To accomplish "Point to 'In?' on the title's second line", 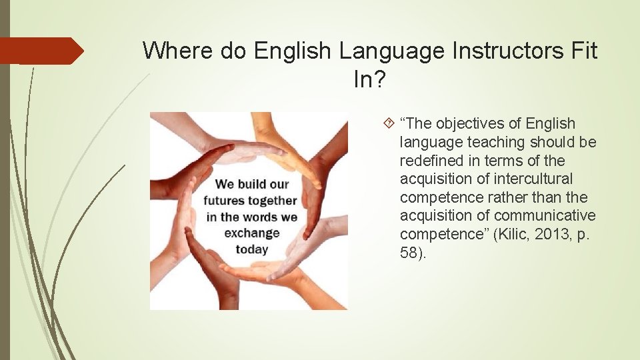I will click(369, 80).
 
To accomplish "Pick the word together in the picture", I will click(273, 200).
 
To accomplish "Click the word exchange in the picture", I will click(251, 233).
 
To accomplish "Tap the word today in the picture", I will click(251, 250).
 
